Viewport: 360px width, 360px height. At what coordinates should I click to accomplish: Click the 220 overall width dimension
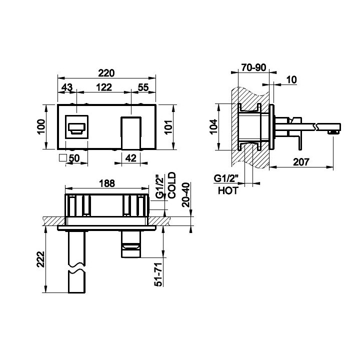pos(106,73)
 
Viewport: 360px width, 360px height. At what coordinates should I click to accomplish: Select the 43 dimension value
pos(67,87)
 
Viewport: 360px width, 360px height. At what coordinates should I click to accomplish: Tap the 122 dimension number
pos(104,87)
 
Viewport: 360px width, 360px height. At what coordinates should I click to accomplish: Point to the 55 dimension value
pos(143,87)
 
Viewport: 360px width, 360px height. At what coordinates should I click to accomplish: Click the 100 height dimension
pos(41,126)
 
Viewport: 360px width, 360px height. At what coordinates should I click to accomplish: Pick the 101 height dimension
pos(168,127)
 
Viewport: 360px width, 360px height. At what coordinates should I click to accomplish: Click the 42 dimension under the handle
pos(131,158)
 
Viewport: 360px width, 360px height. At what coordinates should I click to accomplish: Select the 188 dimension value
pos(107,183)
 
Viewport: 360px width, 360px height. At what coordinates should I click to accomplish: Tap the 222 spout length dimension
pos(41,259)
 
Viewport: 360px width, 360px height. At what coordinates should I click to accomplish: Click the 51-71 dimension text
pos(158,274)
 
